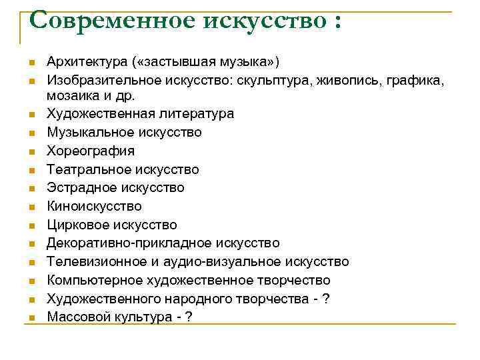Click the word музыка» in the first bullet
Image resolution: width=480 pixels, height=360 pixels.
click(x=252, y=62)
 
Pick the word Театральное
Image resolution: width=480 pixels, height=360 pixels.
click(x=87, y=170)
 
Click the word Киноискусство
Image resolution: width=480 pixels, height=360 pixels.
click(x=94, y=207)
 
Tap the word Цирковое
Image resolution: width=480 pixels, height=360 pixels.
click(x=75, y=225)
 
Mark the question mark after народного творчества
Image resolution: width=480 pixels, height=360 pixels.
click(x=325, y=299)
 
